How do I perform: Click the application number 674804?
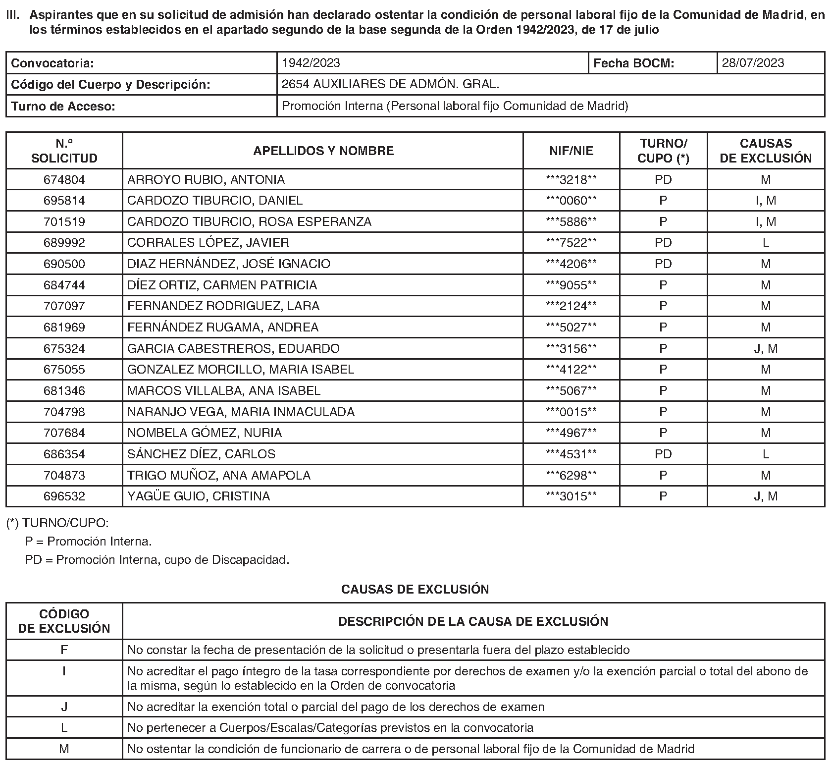pos(64,179)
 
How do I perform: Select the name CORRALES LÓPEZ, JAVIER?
pos(208,243)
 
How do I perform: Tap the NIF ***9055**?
pos(571,285)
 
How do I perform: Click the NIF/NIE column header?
pos(571,151)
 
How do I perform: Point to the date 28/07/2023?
pos(753,63)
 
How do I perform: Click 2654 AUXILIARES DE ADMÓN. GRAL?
pos(390,84)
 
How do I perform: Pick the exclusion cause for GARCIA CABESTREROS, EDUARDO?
pos(765,349)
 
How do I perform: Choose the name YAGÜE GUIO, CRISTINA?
pos(199,496)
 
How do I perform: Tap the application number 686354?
pos(64,454)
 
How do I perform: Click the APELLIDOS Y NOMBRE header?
pos(323,151)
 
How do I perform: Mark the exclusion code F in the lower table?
pos(64,650)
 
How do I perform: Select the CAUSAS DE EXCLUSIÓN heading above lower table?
pos(415,589)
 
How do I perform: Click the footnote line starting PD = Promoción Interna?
pos(157,560)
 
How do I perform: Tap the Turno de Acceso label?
pos(63,106)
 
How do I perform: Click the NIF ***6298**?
pos(571,476)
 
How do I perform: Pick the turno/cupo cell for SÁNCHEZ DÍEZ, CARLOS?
pos(663,454)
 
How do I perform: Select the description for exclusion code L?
pos(330,728)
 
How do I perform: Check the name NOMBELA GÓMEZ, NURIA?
pos(205,433)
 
